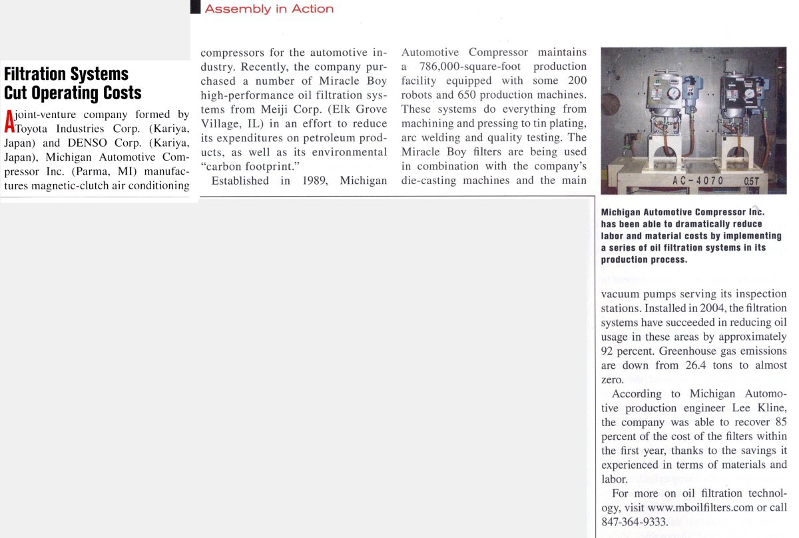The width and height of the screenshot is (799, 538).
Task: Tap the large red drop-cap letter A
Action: [9, 121]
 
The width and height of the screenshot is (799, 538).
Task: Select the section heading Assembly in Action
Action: [269, 9]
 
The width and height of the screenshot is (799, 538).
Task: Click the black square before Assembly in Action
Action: [196, 8]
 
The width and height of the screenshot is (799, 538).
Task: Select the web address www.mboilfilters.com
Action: [702, 508]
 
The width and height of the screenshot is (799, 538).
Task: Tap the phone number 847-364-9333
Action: [634, 522]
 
